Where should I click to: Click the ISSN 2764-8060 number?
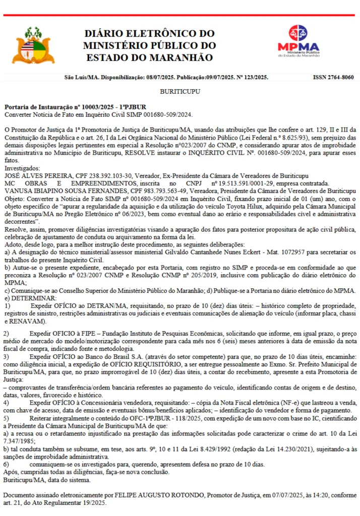(333, 78)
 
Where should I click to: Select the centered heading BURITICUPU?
(180, 92)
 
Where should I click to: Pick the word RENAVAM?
(23, 320)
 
